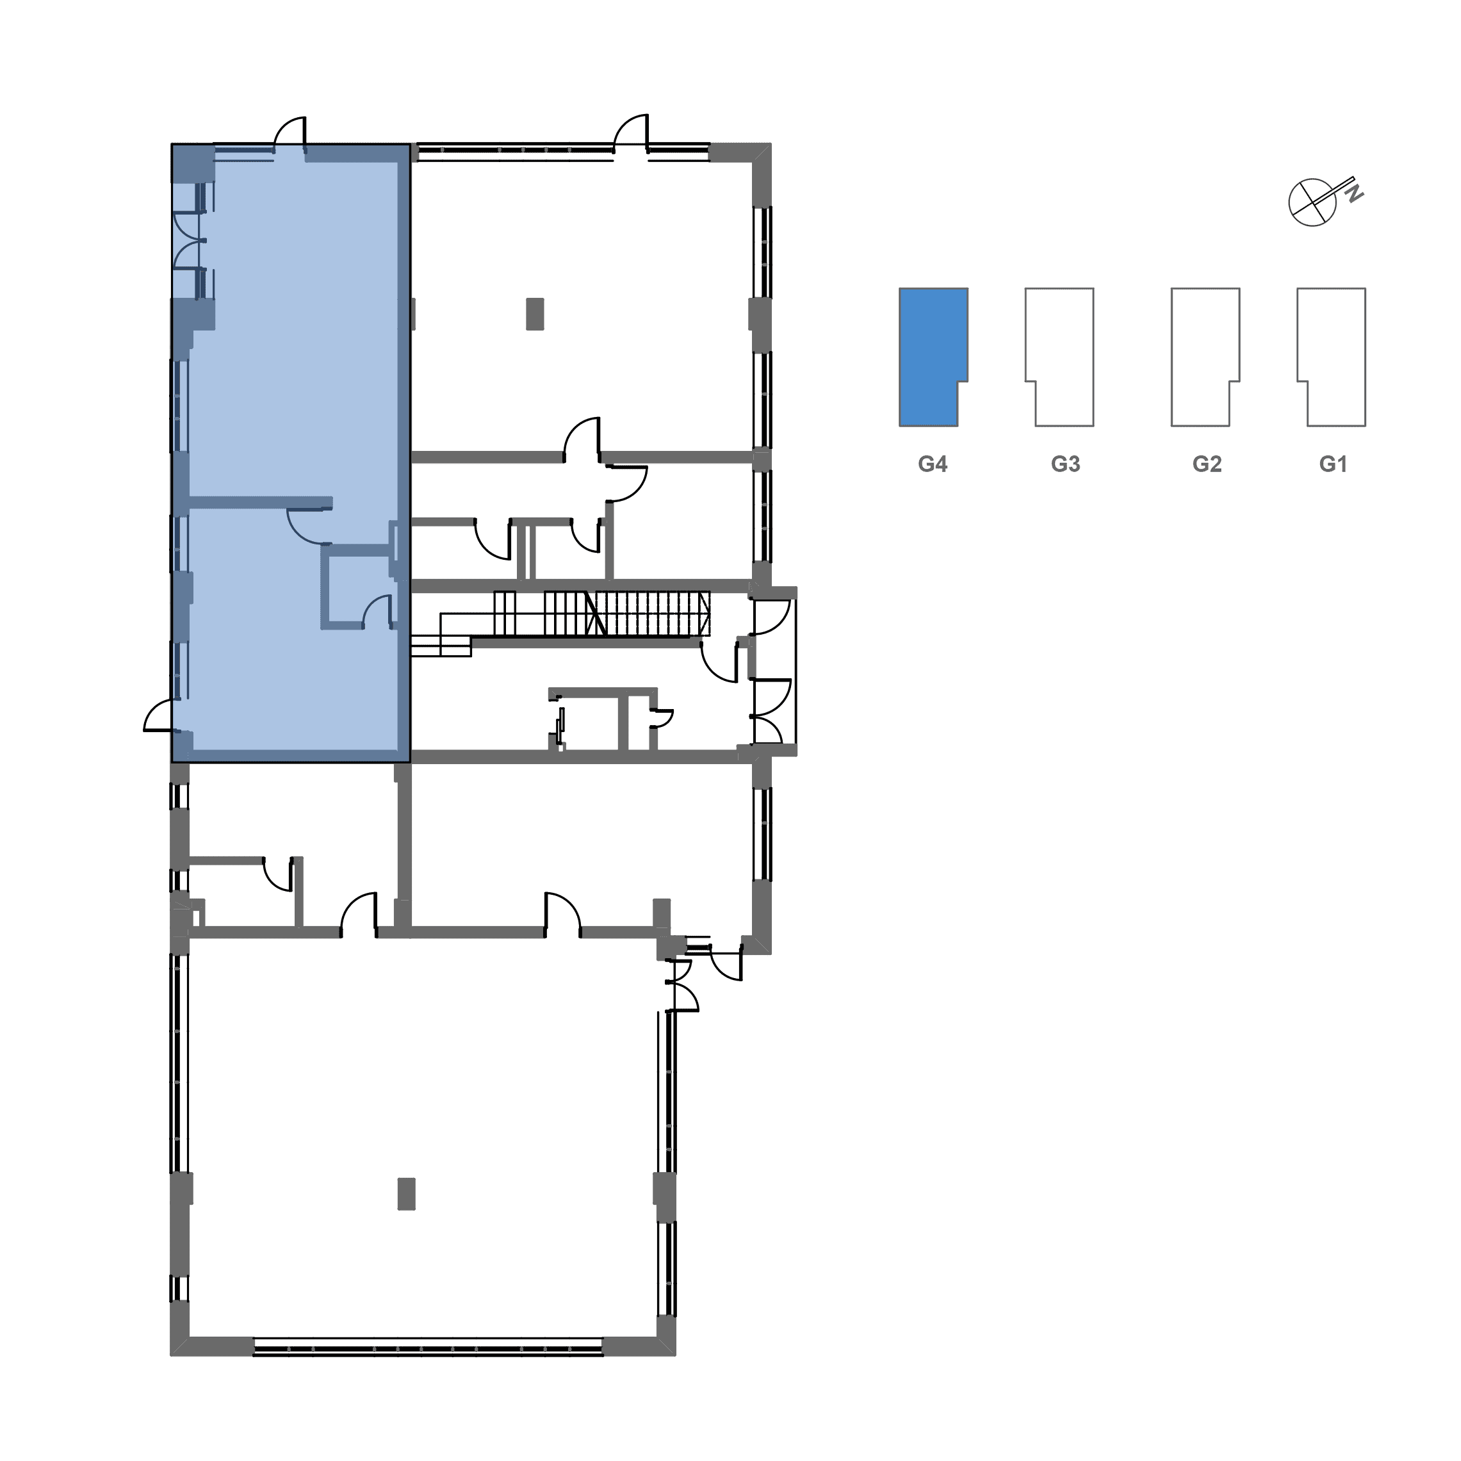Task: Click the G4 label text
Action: pos(933,464)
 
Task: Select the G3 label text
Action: pos(1066,464)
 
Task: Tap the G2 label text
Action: pos(1207,464)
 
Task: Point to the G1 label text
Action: pos(1333,464)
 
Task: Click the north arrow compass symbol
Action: pos(1313,202)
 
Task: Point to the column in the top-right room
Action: pos(535,314)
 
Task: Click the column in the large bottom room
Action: pos(406,1194)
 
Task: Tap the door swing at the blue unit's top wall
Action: pos(290,133)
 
